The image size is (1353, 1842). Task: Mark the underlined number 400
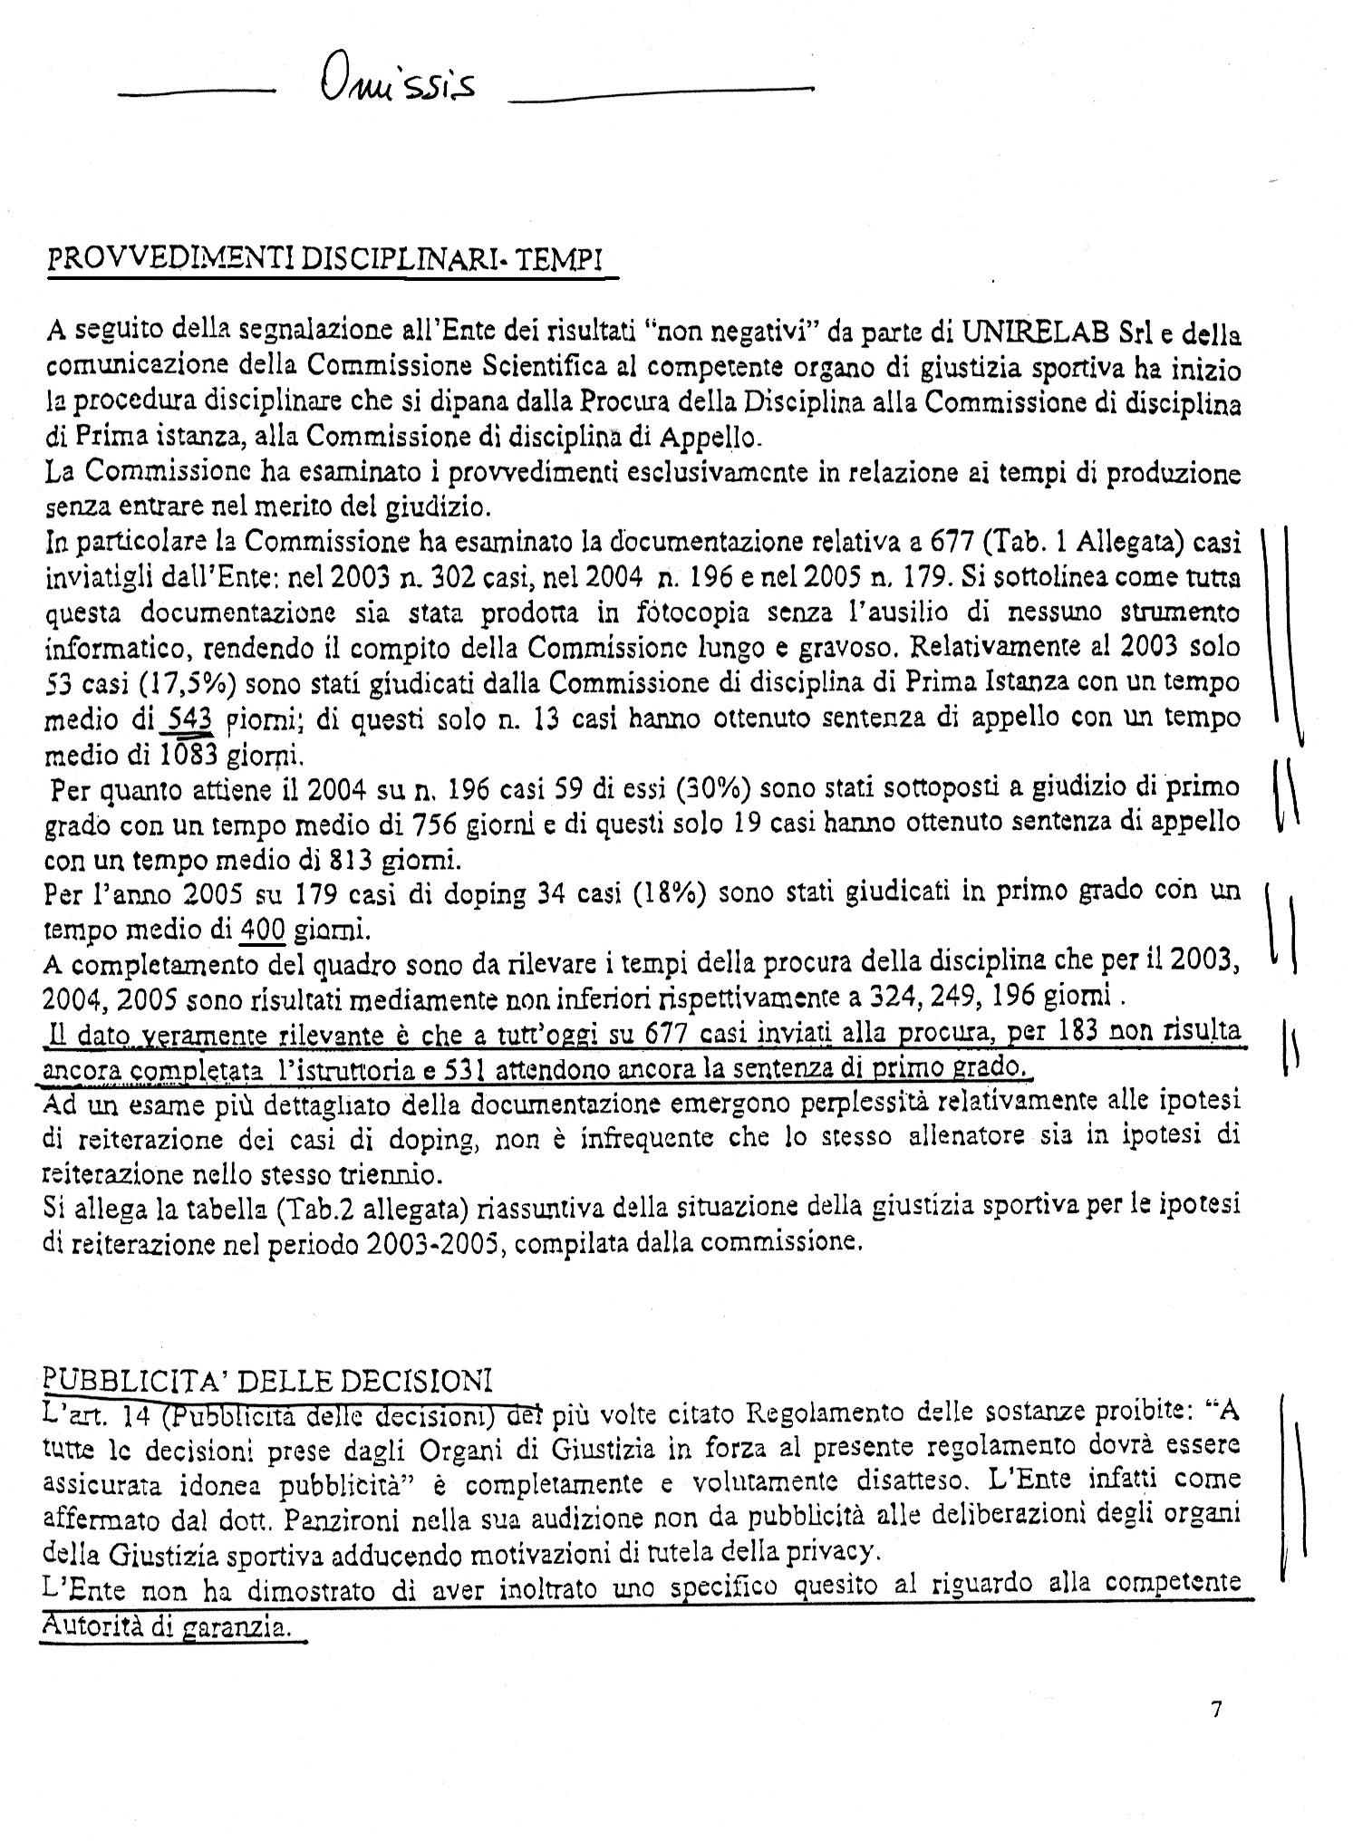click(x=265, y=929)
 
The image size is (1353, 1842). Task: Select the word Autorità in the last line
click(x=93, y=1625)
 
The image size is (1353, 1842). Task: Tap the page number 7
click(x=1215, y=1710)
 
